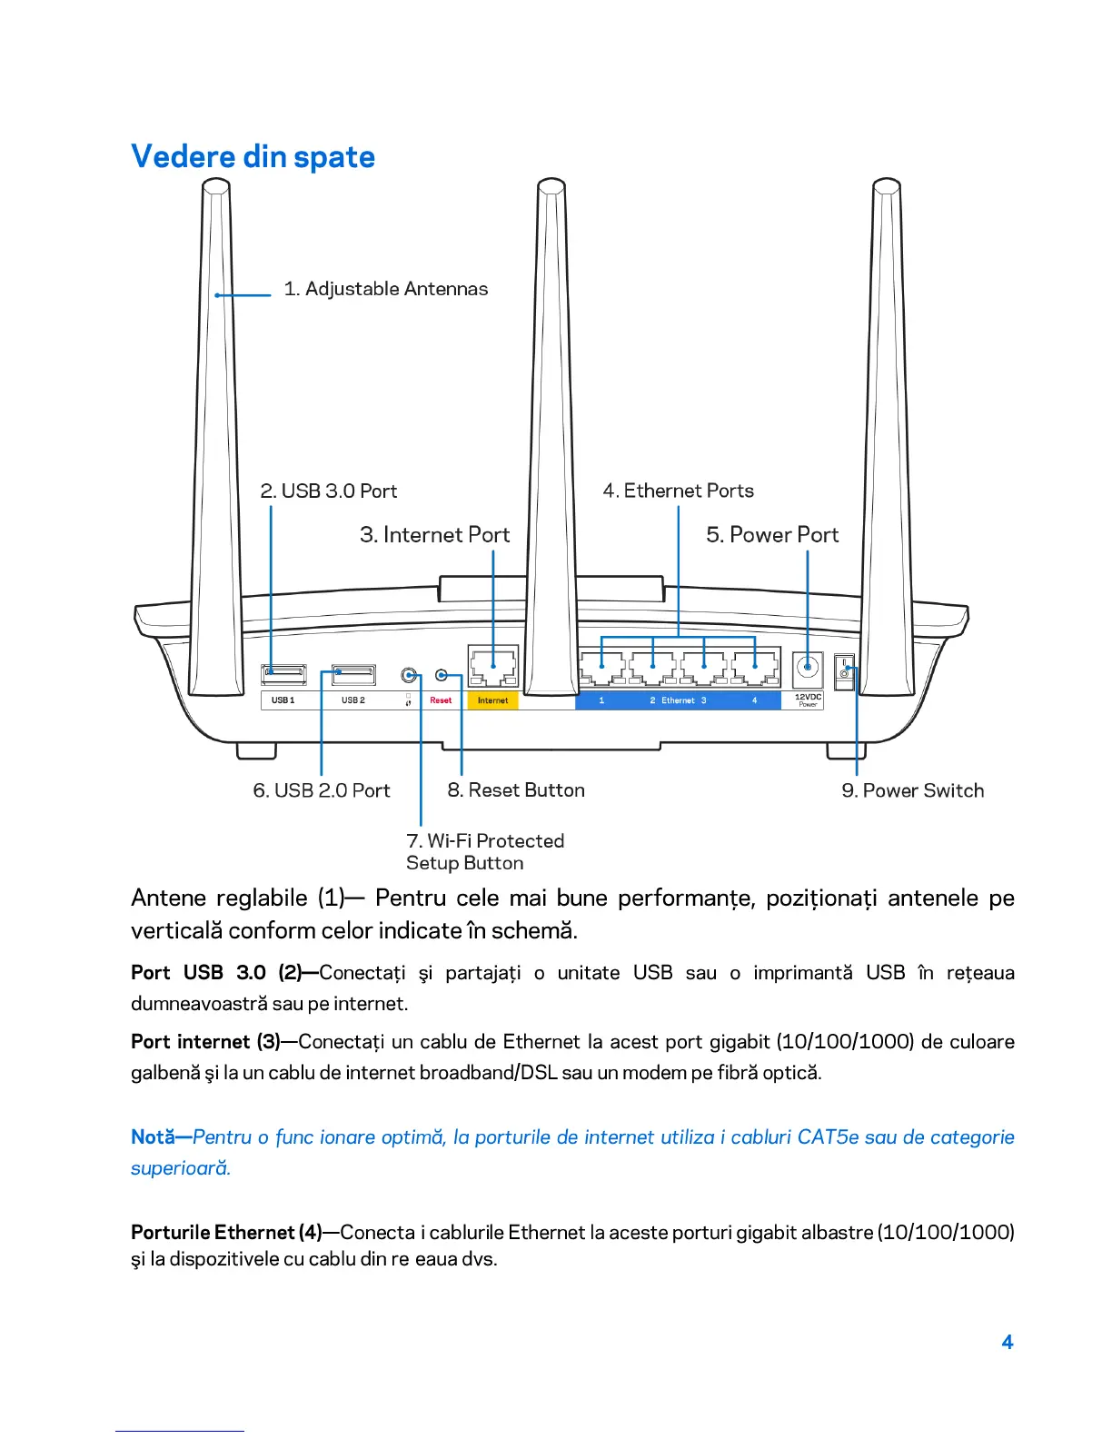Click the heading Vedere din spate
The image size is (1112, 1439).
point(253,157)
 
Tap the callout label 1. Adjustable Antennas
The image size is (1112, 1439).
point(385,289)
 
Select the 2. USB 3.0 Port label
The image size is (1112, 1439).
point(329,491)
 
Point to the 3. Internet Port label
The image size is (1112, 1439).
point(434,535)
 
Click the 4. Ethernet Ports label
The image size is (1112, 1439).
point(678,491)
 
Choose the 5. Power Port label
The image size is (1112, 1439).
point(772,535)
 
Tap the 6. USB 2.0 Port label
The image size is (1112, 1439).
point(322,791)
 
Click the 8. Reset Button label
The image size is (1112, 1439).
point(516,791)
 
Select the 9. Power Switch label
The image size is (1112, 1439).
point(912,791)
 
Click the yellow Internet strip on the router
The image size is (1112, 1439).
point(492,700)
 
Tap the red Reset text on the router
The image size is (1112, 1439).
point(441,700)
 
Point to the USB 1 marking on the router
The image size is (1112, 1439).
point(283,700)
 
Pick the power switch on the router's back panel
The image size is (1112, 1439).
point(845,673)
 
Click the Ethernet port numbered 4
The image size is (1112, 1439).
point(755,670)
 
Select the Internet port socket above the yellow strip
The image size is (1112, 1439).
point(493,668)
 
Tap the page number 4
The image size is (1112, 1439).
point(1007,1343)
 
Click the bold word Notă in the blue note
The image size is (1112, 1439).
point(153,1137)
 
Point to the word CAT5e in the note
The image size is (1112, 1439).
point(828,1137)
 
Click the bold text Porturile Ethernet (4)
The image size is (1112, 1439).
point(226,1233)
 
